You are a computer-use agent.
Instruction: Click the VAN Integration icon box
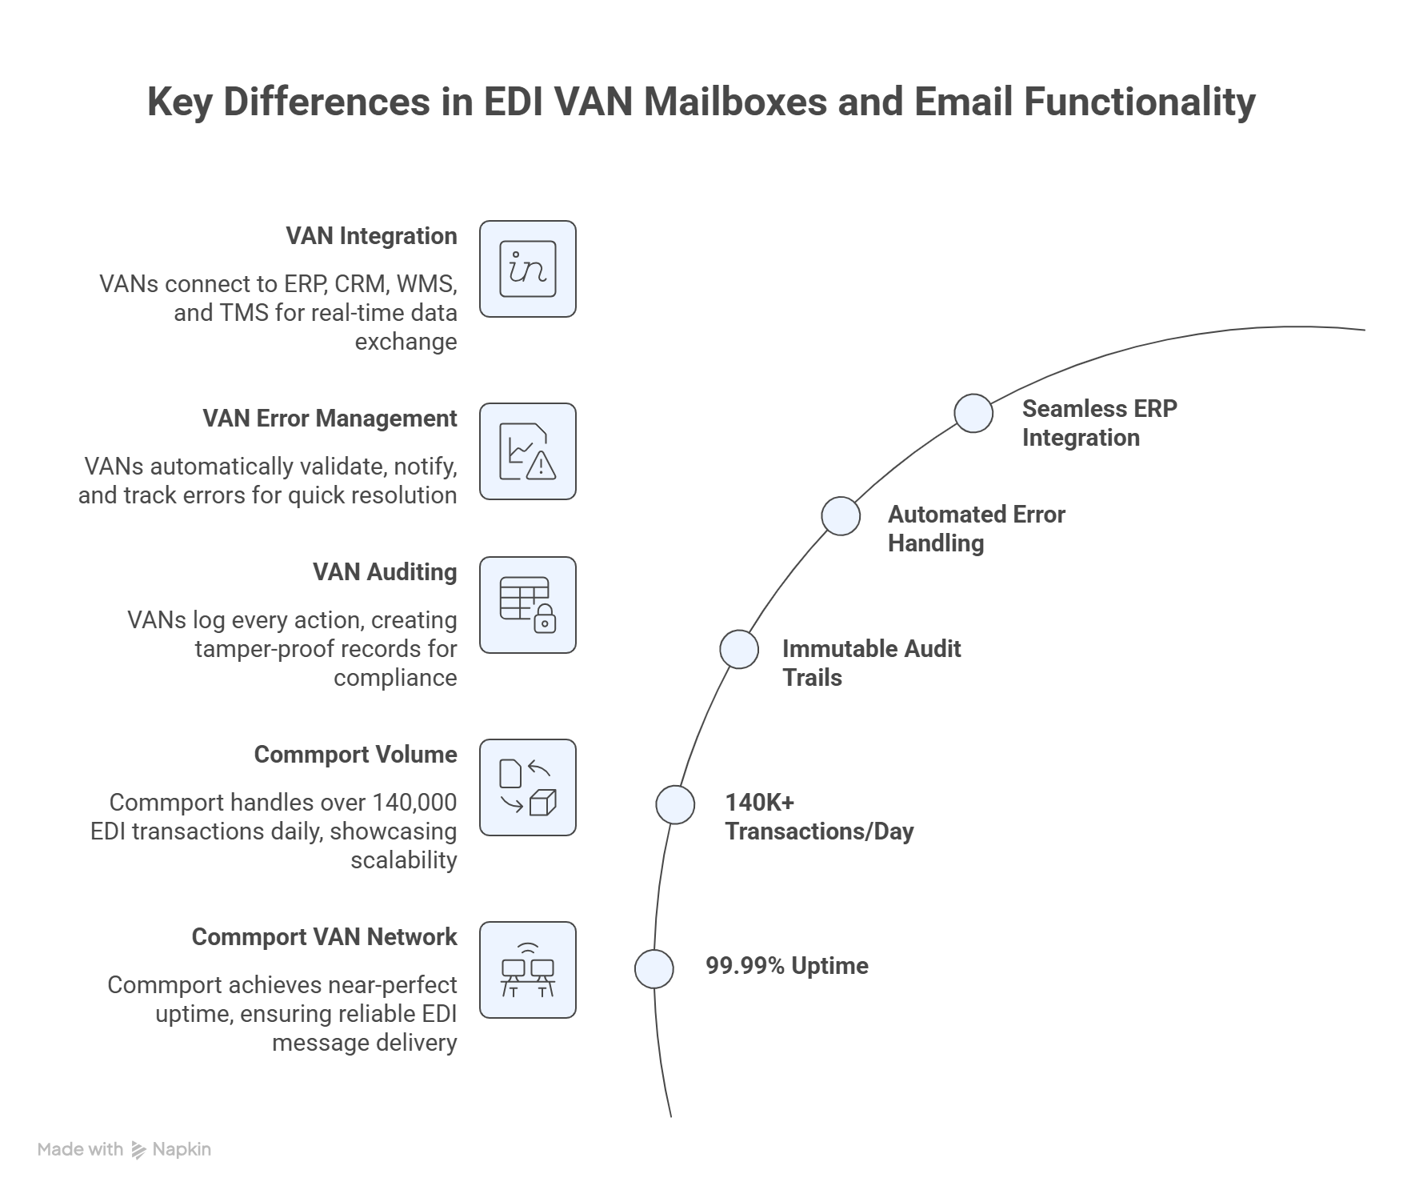(528, 269)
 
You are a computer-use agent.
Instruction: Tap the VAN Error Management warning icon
(528, 451)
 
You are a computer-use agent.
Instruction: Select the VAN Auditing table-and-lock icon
(528, 605)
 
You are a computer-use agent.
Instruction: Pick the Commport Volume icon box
(528, 787)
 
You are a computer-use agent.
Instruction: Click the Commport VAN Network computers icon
(528, 970)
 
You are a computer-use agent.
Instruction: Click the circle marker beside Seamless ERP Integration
(973, 413)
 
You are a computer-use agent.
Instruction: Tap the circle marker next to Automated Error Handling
(841, 515)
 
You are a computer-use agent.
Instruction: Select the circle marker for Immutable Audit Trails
(739, 649)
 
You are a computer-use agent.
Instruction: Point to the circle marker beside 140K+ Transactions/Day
(675, 804)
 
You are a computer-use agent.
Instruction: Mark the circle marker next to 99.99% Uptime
(654, 969)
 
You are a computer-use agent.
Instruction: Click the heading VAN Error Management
(330, 419)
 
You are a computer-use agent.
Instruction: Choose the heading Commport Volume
(356, 755)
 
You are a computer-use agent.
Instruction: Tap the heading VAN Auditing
(385, 572)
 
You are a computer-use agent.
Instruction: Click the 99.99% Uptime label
(787, 966)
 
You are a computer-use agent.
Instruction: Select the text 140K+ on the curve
(760, 802)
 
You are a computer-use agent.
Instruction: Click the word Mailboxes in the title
(735, 102)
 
